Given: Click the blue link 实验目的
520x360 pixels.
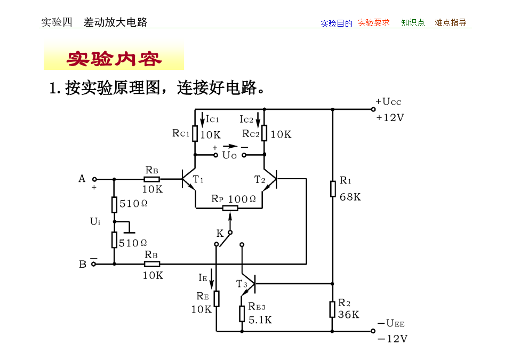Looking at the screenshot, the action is point(337,23).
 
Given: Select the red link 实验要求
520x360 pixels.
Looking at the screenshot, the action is point(374,22).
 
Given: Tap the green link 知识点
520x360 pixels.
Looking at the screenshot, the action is point(413,22).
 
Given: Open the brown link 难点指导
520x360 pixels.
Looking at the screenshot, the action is point(451,22).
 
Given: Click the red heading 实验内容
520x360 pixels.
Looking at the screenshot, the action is point(114,59).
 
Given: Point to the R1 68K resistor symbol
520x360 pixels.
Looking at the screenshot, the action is point(333,189).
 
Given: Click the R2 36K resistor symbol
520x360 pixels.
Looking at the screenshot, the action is point(332,310).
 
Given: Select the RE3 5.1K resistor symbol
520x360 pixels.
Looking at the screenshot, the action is point(242,314).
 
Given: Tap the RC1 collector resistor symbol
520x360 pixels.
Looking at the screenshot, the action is point(195,133).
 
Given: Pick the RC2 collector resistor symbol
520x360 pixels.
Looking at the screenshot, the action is point(265,133).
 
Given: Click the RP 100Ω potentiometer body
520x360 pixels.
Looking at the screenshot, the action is point(230,208).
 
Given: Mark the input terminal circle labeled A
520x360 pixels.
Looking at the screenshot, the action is point(94,179).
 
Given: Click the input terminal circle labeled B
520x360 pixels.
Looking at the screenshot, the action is point(94,264).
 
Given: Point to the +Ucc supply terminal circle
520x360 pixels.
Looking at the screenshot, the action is point(373,109).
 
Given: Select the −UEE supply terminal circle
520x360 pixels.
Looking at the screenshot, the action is point(373,331).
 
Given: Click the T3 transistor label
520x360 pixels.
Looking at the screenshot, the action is point(242,284).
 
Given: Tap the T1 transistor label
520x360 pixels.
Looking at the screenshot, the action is point(198,179).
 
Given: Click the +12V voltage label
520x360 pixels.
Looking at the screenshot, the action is point(390,118).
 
